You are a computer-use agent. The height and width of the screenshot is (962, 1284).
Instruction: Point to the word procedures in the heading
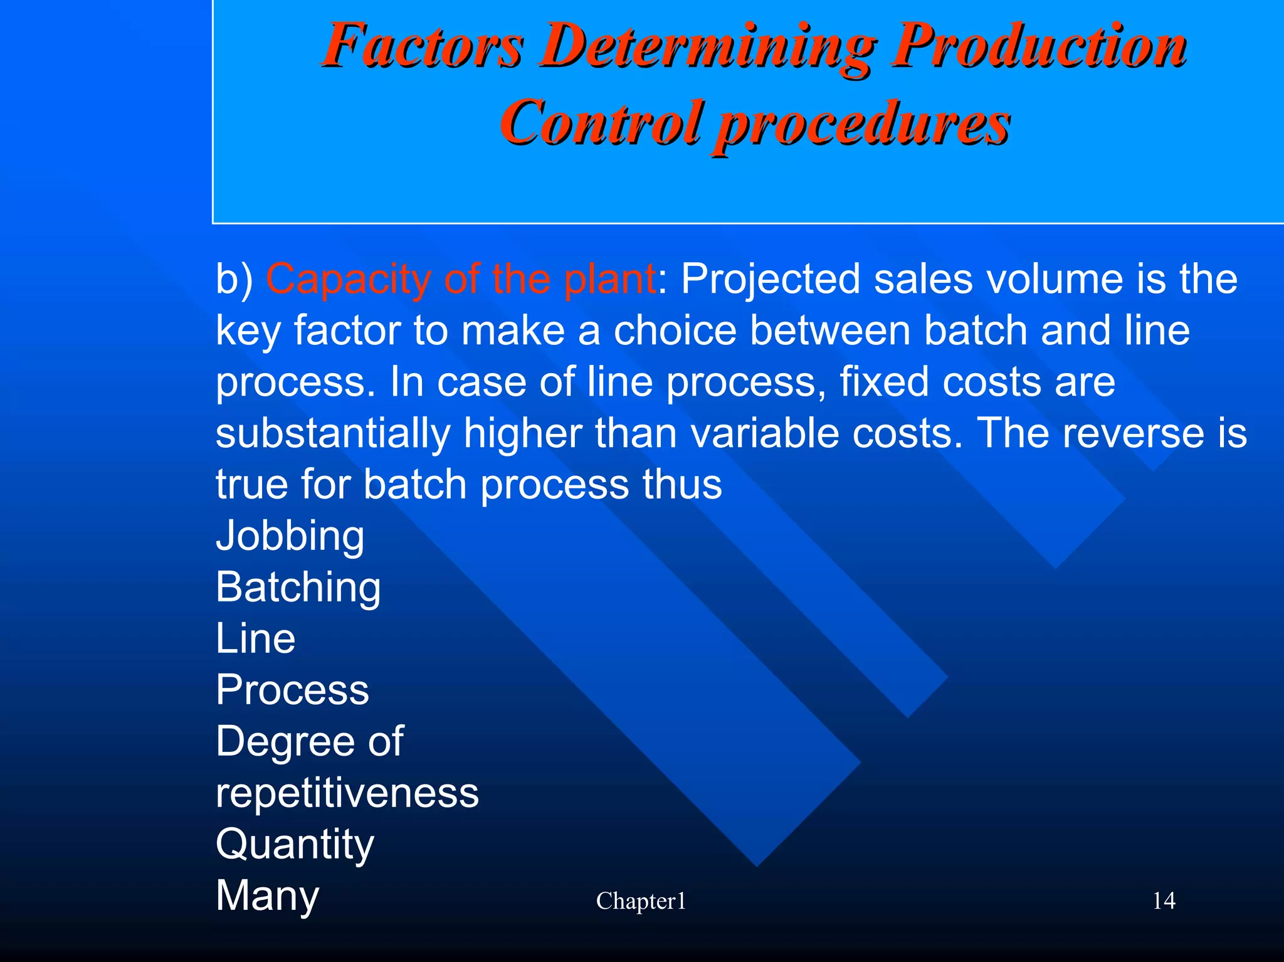click(x=863, y=124)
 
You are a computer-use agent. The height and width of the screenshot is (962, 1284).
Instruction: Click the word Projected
click(x=771, y=279)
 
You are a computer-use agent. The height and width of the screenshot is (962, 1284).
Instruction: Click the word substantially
click(x=333, y=433)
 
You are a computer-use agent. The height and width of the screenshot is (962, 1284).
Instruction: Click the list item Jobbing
click(x=290, y=536)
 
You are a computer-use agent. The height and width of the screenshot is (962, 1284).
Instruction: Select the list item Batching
click(x=298, y=588)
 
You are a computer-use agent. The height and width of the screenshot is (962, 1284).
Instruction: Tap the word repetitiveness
click(x=347, y=793)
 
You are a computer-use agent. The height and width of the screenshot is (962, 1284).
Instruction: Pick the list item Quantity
click(x=295, y=845)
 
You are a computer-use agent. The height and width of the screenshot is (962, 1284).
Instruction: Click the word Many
click(x=268, y=896)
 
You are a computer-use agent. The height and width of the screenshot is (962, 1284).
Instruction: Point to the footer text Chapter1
click(x=641, y=901)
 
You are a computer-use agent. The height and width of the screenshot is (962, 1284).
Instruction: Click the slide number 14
click(x=1164, y=901)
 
